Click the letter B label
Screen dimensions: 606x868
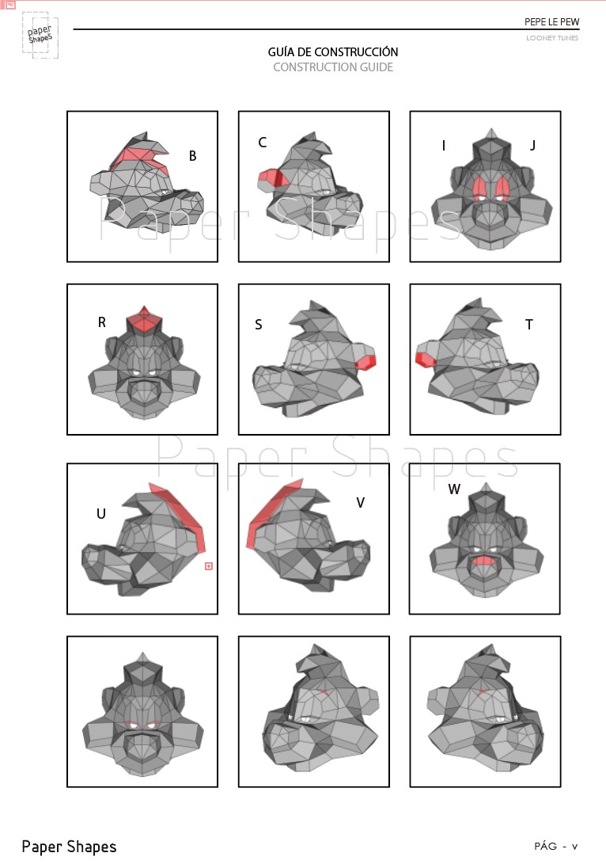tap(192, 155)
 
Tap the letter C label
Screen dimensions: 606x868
tap(262, 143)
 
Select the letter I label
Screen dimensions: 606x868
tap(444, 146)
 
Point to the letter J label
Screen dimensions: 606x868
tap(532, 145)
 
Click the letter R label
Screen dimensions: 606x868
tap(102, 322)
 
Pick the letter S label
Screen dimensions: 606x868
tap(258, 325)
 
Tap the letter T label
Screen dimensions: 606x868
tap(529, 325)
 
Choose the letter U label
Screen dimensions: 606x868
tap(100, 514)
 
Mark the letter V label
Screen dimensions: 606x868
tap(361, 503)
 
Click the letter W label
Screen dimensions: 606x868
tap(454, 489)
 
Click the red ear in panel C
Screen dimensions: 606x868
tap(271, 179)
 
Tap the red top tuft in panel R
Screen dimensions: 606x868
tap(144, 319)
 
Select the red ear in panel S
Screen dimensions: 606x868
tap(365, 363)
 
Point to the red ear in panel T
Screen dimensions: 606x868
tap(425, 360)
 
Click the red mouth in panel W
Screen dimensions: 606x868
tap(484, 560)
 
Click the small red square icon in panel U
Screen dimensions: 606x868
tap(208, 565)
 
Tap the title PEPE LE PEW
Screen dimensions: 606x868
tap(552, 22)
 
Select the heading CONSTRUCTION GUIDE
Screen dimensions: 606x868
tap(333, 67)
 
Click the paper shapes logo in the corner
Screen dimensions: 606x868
tap(40, 35)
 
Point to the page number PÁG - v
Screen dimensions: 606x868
tap(555, 846)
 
